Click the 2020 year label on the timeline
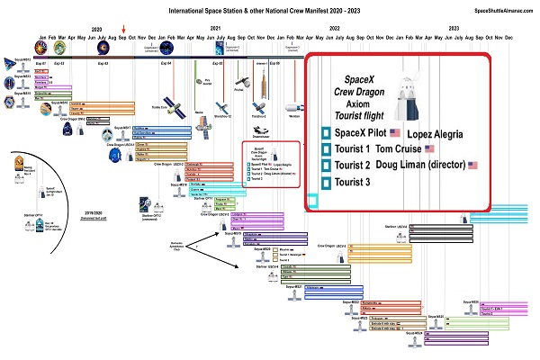pyautogui.click(x=97, y=30)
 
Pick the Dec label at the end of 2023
pyautogui.click(x=509, y=38)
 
